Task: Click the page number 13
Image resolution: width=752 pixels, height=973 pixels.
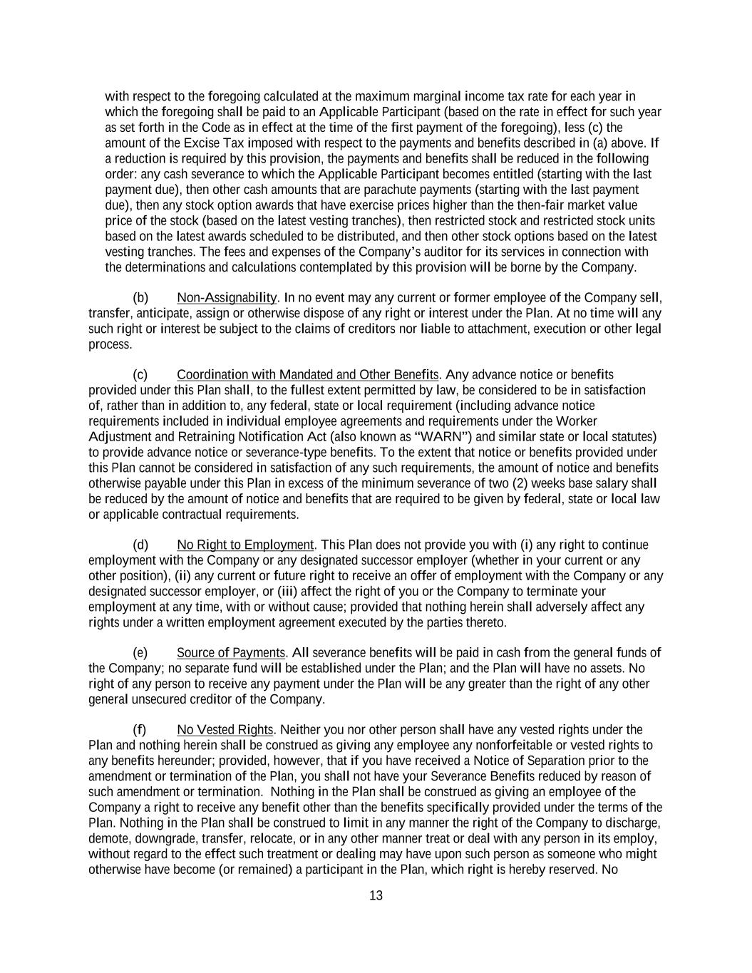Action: (376, 896)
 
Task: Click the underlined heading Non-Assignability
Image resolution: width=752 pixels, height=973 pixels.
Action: (227, 297)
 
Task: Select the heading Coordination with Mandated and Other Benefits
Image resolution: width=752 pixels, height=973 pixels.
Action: (307, 375)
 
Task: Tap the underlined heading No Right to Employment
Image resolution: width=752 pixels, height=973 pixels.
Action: (245, 545)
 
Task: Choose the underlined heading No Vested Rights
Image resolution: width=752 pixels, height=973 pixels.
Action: (225, 730)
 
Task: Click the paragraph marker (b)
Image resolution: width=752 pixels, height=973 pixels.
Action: (140, 297)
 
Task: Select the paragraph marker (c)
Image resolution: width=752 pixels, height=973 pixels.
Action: (140, 375)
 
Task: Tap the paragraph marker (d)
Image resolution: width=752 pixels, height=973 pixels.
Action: (140, 545)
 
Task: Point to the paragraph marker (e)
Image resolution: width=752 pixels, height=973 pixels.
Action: (140, 653)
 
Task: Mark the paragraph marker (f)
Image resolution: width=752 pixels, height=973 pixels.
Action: (140, 730)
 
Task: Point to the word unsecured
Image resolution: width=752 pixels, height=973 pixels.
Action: (165, 699)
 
